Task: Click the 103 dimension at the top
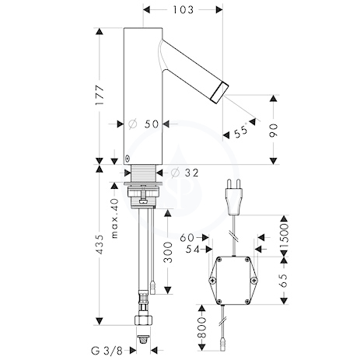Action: click(183, 10)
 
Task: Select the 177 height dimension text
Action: click(100, 95)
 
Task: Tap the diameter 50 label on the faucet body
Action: click(144, 124)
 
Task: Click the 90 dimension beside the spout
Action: click(274, 131)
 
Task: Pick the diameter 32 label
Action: click(185, 173)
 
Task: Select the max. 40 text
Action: click(114, 218)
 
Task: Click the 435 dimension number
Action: click(100, 244)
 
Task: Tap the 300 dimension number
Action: click(168, 253)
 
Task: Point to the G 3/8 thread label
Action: click(107, 351)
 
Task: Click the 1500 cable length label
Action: click(284, 236)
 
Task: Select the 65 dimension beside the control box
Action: click(284, 281)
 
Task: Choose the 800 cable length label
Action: click(201, 327)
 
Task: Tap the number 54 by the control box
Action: click(193, 250)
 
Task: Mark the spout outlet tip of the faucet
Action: click(219, 93)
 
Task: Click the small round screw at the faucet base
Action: click(128, 159)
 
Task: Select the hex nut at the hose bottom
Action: click(143, 320)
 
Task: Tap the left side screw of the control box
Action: click(212, 280)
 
